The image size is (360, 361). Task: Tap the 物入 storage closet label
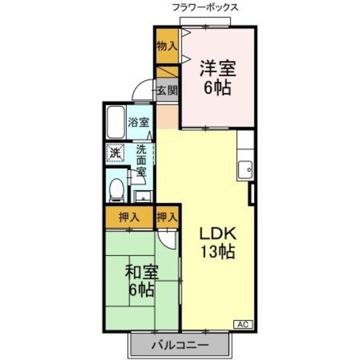point(166,47)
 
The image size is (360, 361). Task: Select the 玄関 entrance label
point(167,90)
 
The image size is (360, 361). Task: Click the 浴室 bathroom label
point(139,121)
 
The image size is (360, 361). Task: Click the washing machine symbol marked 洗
point(115,152)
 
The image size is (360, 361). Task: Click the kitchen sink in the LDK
point(246,169)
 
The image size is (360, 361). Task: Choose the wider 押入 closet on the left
point(130,217)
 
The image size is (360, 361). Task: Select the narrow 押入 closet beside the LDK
point(167,217)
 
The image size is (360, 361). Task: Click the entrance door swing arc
point(141,90)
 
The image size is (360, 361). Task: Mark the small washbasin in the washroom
point(141,196)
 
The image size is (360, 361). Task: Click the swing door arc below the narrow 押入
point(168,237)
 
